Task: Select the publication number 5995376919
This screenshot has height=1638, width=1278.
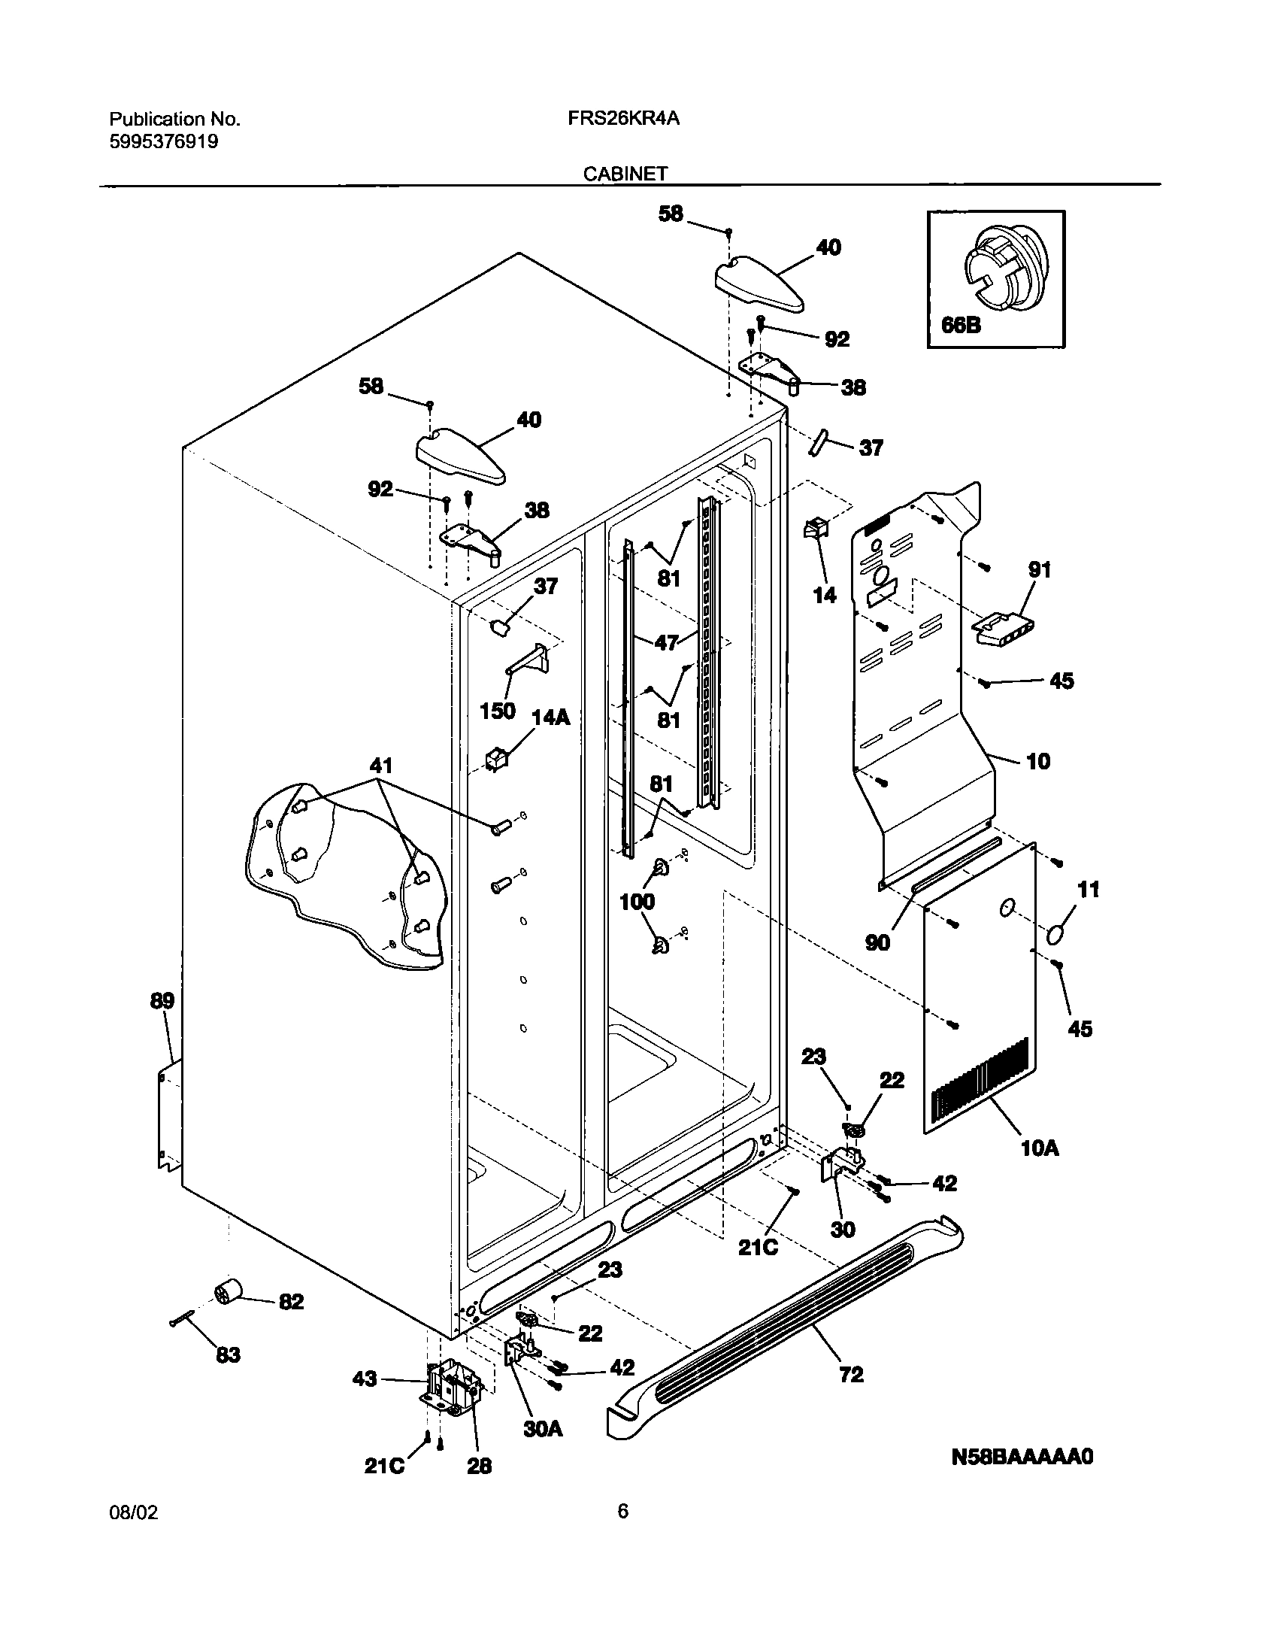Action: tap(163, 141)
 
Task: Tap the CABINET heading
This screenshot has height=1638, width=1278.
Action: tap(625, 174)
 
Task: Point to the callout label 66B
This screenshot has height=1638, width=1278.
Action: tap(961, 325)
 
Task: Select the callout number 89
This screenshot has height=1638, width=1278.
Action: tap(162, 1001)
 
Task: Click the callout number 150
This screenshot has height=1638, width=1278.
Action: tap(497, 710)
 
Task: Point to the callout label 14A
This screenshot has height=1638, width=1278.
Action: tap(551, 717)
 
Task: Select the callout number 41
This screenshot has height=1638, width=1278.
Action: tap(381, 766)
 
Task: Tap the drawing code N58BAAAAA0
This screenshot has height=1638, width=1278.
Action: tap(1022, 1457)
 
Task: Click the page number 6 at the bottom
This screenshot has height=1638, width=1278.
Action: tap(622, 1532)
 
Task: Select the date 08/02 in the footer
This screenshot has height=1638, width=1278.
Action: tap(134, 1534)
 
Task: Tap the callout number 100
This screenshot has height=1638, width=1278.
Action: tap(637, 901)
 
